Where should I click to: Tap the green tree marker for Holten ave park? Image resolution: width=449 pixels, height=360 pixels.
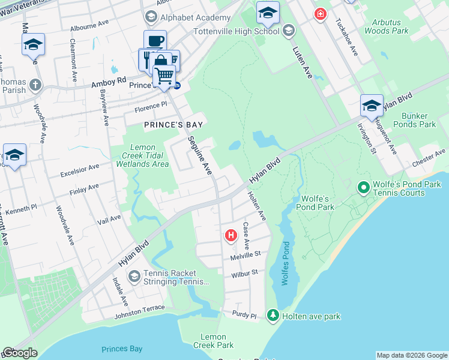pos(273,315)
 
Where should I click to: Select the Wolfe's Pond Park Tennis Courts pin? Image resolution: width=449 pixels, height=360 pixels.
pos(363,188)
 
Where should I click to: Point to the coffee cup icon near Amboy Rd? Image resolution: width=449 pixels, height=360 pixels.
pos(155,41)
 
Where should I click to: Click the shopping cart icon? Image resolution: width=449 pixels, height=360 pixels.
pos(164,76)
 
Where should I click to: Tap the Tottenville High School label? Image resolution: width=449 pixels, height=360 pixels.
pos(237,31)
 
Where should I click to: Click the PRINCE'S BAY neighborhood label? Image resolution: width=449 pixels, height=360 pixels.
pos(173,125)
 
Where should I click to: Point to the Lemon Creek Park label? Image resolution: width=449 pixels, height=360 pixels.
pos(213,341)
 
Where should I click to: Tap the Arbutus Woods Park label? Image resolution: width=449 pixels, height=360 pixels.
pos(386,26)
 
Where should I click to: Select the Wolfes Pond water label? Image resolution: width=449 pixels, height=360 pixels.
pos(286,264)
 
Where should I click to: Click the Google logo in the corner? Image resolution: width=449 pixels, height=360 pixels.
pos(20,353)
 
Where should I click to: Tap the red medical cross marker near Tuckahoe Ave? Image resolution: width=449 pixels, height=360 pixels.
pos(321,13)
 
